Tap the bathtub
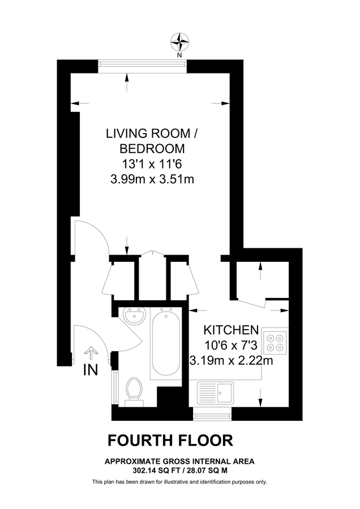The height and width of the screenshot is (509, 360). [165, 343]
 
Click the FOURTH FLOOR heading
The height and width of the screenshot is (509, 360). [170, 440]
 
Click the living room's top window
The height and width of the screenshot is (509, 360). [142, 64]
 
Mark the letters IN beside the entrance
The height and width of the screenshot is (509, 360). [91, 371]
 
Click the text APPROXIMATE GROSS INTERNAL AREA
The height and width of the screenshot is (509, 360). [179, 461]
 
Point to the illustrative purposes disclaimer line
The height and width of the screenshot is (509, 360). [179, 482]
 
